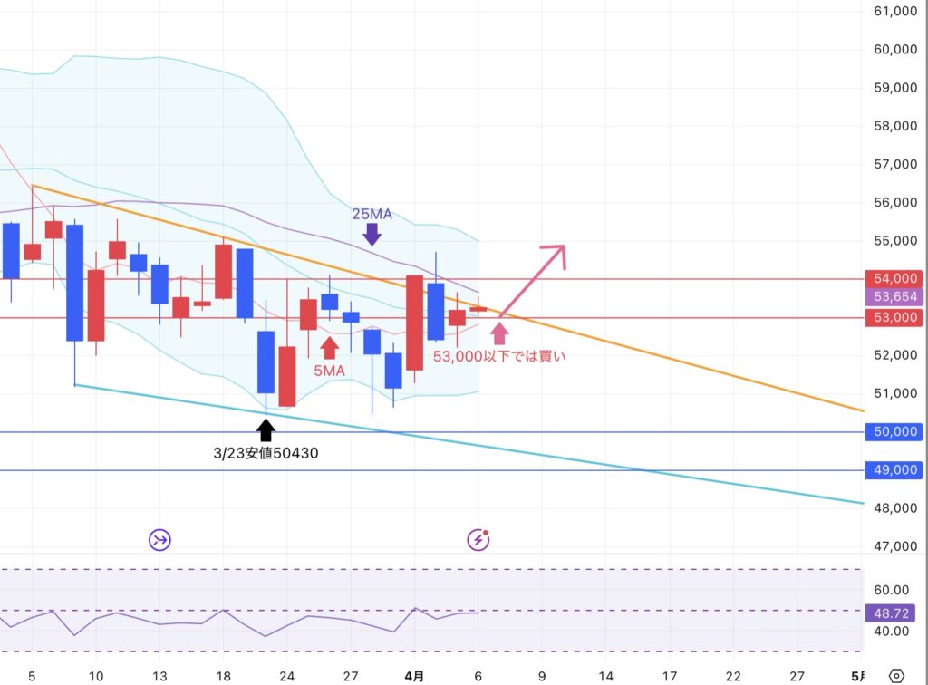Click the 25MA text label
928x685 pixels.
[372, 214]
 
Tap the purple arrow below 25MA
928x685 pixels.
[372, 235]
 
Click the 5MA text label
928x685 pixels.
[329, 371]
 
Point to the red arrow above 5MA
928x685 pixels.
[329, 348]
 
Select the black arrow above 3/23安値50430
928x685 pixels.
[266, 430]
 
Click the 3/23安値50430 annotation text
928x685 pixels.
[266, 453]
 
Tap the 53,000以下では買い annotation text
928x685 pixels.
[499, 356]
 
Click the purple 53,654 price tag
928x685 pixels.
[895, 297]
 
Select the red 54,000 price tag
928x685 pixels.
[895, 278]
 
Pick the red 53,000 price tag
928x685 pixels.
[895, 318]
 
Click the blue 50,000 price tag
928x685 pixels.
[895, 432]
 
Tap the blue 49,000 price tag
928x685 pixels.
[895, 470]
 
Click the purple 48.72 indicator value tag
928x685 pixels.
[891, 613]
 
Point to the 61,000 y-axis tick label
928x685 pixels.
[895, 11]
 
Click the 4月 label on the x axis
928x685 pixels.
[414, 676]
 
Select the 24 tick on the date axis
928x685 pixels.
[287, 676]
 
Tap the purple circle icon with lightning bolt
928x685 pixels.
[478, 539]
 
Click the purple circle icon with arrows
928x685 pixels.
[159, 539]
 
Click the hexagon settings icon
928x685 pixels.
[896, 676]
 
